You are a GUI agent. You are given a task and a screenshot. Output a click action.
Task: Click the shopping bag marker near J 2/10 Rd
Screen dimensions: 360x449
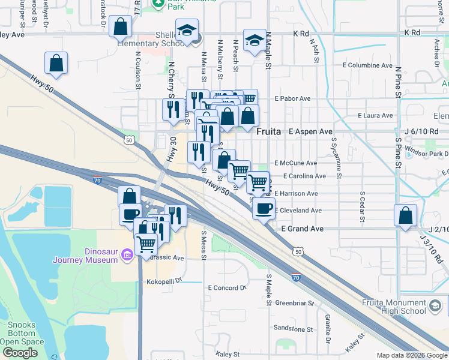pos(405,215)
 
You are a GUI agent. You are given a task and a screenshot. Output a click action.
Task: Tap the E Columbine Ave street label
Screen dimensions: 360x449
pos(367,65)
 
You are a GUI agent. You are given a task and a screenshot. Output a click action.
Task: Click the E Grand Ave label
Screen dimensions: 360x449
pos(303,229)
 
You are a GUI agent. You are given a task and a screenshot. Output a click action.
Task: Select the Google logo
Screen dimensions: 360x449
pos(20,353)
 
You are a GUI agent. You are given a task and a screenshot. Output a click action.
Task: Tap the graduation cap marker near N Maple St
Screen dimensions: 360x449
pos(255,40)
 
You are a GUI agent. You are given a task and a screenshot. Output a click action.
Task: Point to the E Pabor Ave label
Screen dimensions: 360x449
pos(292,98)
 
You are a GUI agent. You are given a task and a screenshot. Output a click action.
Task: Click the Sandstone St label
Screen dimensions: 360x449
pos(294,329)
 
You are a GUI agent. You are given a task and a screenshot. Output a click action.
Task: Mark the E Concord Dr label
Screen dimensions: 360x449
pos(228,288)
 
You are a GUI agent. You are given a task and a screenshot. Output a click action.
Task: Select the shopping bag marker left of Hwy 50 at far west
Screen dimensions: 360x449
pos(56,64)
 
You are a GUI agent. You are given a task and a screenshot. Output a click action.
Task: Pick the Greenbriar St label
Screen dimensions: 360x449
pos(295,304)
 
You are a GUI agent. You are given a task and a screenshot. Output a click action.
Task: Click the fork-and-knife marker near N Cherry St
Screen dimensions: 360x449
pos(173,110)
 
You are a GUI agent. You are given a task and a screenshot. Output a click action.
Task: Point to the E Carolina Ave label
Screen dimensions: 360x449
pos(300,176)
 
